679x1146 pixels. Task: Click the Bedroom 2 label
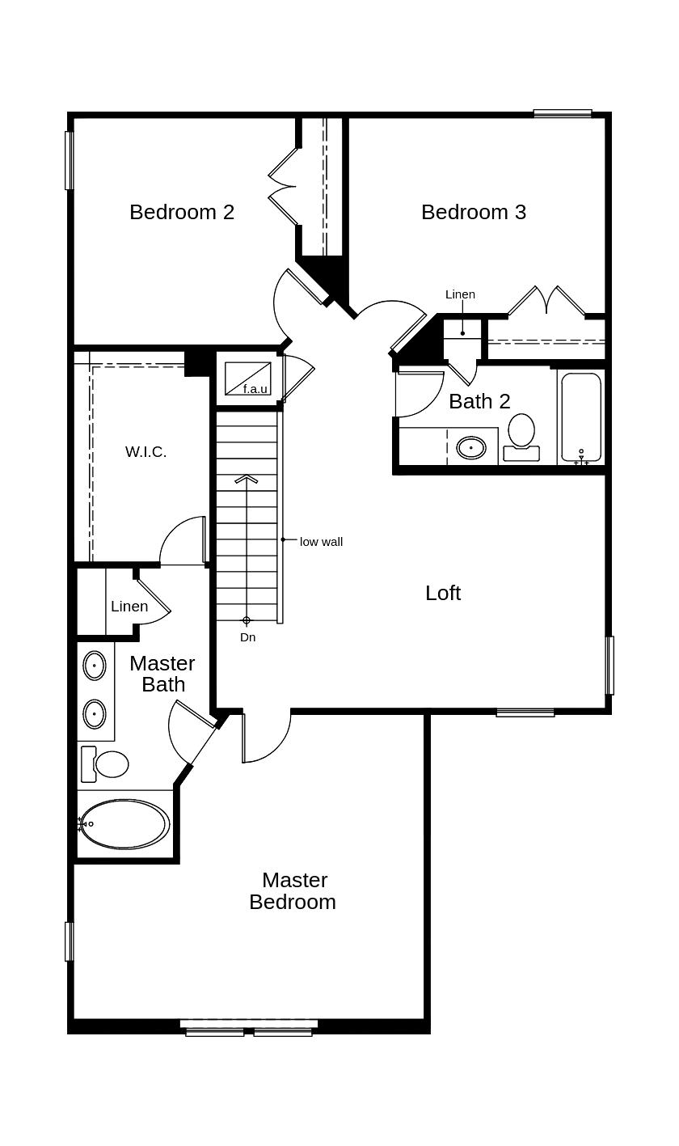tap(182, 212)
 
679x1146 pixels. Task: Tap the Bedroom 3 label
tap(473, 212)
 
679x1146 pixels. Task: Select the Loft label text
tap(443, 593)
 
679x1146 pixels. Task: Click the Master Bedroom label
tap(293, 890)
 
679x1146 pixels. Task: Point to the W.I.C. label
tap(145, 452)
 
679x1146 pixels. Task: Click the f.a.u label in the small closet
tap(255, 389)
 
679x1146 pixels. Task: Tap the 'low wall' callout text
tap(321, 542)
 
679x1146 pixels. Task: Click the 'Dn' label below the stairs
tap(247, 637)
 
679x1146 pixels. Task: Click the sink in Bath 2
tap(471, 447)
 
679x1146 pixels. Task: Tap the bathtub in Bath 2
tap(581, 417)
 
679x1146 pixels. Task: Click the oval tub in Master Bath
tap(124, 824)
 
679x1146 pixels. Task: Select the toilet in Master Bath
tap(107, 764)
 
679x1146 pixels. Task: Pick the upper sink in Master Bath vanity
tap(95, 666)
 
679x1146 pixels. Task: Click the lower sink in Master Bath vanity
tap(95, 714)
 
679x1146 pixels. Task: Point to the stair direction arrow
tap(247, 479)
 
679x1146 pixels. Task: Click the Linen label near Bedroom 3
tap(460, 294)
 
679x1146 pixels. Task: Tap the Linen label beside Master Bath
tap(129, 607)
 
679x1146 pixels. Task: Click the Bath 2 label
tap(479, 401)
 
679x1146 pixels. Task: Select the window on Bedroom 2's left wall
tap(70, 160)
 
